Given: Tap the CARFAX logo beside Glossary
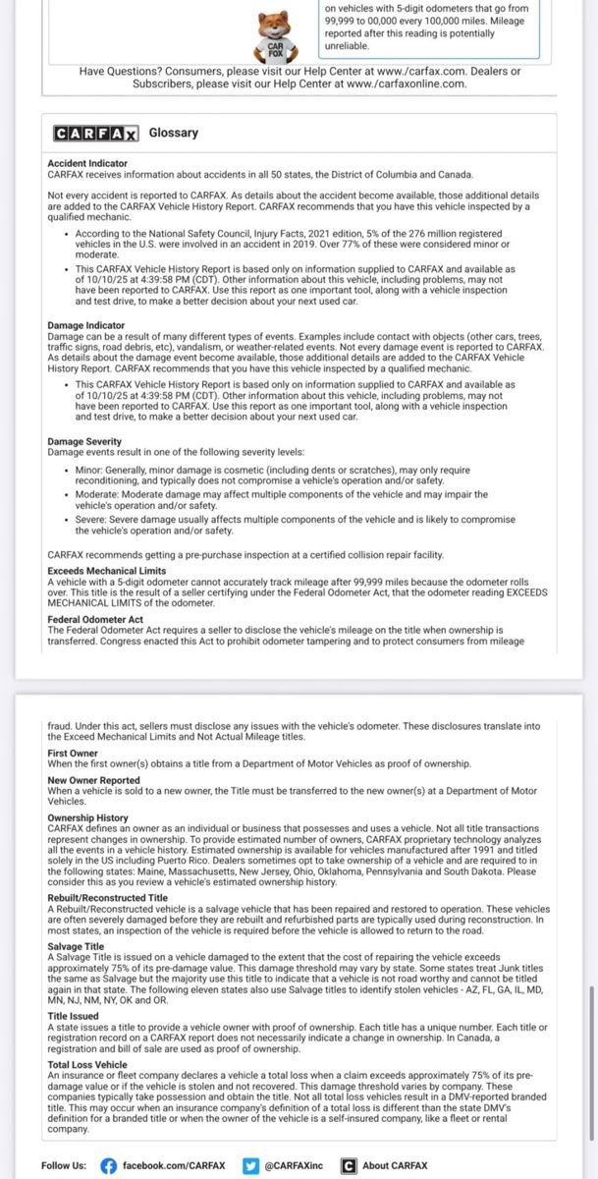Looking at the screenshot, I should point(96,133).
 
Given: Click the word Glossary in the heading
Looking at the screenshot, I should point(174,133).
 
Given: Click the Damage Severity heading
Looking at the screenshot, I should point(79,442).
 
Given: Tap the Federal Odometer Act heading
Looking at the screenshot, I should point(95,619).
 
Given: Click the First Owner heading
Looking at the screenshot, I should point(73,754).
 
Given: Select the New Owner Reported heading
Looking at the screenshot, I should point(93,780).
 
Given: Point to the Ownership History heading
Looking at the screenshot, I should point(87,817).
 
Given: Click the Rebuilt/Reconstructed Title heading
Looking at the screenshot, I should point(107,898).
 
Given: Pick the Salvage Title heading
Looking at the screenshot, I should point(76,946).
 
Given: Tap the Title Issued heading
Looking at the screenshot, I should point(73,1015).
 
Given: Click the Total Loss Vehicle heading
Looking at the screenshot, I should point(86,1064).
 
